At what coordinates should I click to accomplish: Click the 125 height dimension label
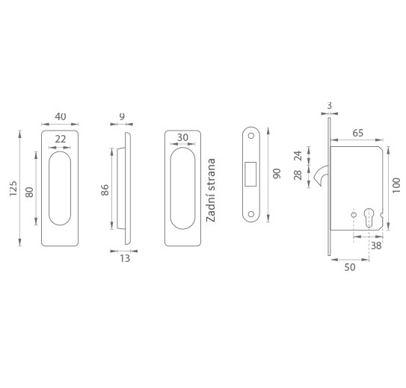pos(13,188)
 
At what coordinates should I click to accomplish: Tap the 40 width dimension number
pos(61,116)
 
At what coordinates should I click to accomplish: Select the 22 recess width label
pos(61,140)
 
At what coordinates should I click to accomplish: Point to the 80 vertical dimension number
pos(29,193)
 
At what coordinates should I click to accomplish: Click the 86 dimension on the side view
pos(105,190)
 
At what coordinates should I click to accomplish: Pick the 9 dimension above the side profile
pos(122,116)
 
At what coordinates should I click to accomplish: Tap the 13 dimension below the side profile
pos(125,258)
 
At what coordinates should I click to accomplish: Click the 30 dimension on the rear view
pos(182,138)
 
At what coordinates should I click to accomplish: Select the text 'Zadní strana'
pos(211,190)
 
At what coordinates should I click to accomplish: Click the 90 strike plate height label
pos(277,174)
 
